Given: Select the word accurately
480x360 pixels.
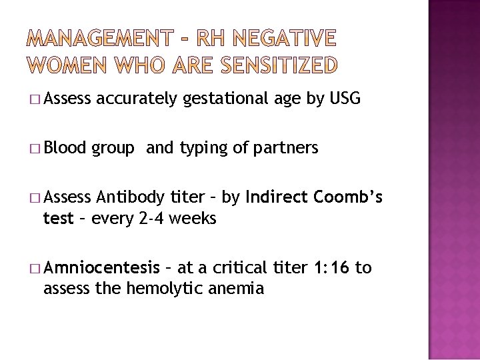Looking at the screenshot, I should point(137,100).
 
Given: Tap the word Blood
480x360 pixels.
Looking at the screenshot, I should point(67,148).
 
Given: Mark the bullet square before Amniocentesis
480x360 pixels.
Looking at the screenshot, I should point(35,269).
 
